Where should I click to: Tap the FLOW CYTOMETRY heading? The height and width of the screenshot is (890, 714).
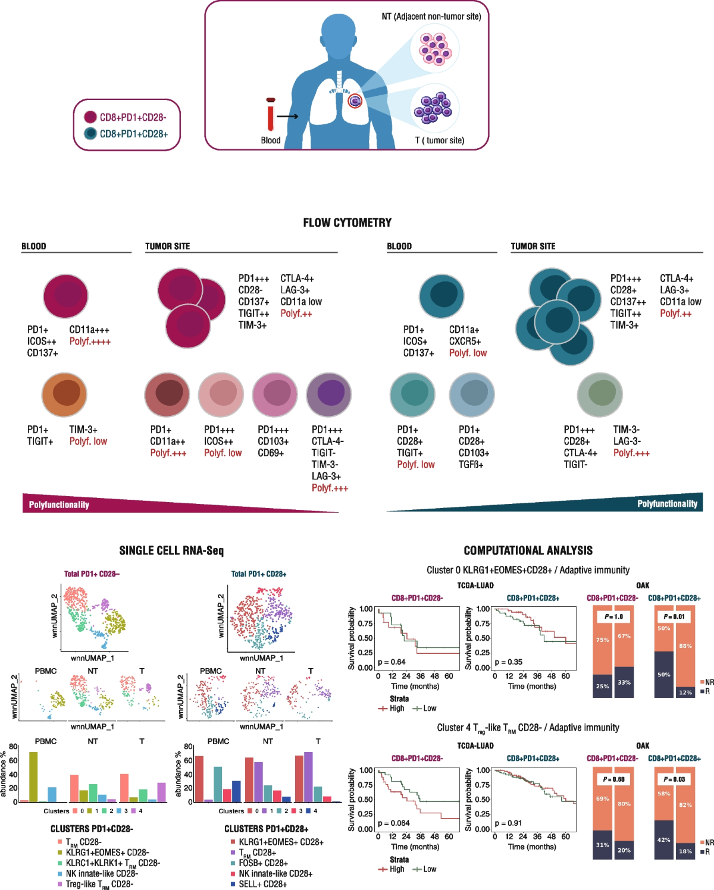(347, 223)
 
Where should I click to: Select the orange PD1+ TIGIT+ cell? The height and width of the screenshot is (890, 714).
(64, 395)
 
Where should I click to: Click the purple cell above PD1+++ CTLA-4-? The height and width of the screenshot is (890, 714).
(329, 394)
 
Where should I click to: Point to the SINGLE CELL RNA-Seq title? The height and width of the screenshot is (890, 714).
(171, 550)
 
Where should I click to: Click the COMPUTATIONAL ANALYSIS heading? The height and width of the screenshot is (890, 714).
(528, 550)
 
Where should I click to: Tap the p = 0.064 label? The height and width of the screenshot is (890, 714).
(394, 823)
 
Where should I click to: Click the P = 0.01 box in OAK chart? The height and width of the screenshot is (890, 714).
(674, 616)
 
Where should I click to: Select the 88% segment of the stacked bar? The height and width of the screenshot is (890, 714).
(685, 646)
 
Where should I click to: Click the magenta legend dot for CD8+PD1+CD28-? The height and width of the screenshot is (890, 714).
(90, 117)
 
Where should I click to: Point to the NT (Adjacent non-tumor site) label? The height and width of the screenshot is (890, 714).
(431, 17)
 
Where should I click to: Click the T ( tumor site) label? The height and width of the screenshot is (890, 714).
(440, 140)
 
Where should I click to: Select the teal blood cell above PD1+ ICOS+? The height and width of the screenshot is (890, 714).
(441, 296)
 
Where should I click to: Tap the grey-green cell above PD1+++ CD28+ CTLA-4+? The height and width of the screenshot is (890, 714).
(600, 395)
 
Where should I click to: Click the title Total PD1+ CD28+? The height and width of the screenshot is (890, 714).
(259, 574)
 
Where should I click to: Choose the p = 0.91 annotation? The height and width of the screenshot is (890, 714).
(508, 823)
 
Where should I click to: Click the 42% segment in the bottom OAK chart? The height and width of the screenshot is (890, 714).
(664, 839)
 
